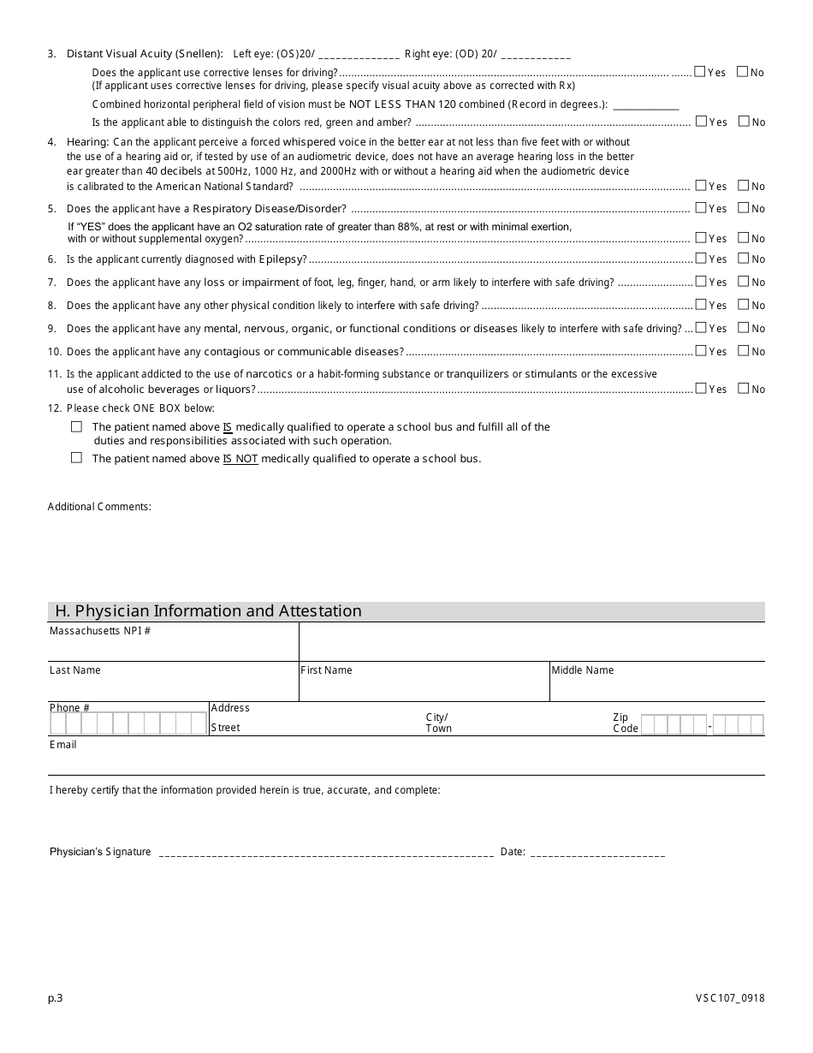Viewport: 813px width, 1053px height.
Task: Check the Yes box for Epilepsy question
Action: coord(701,258)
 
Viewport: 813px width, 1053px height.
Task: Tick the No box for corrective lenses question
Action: coord(742,72)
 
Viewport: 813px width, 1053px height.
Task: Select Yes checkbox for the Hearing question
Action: coord(701,185)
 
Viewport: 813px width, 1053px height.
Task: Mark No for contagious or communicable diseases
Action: coord(743,350)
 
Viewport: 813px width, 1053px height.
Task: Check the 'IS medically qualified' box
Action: coord(76,426)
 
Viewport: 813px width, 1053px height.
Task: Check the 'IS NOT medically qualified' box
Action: coord(76,458)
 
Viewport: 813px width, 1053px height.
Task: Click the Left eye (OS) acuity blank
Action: coord(358,55)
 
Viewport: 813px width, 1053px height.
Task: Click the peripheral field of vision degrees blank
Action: coord(646,105)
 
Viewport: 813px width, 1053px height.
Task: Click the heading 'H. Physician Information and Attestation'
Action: coord(208,611)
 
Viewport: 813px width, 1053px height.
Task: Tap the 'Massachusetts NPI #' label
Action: coord(100,631)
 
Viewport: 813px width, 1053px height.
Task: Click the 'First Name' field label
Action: coord(326,670)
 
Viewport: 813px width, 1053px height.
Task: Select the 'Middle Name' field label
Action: coord(582,670)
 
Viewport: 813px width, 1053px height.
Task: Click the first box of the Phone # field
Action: coord(58,724)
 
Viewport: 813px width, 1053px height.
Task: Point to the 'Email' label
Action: coord(63,745)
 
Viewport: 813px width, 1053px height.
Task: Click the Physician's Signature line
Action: coord(326,853)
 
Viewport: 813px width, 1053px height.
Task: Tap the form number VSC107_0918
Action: coord(730,997)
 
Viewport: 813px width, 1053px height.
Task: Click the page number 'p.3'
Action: coord(56,997)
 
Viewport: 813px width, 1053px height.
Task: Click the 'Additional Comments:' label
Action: coord(99,507)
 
